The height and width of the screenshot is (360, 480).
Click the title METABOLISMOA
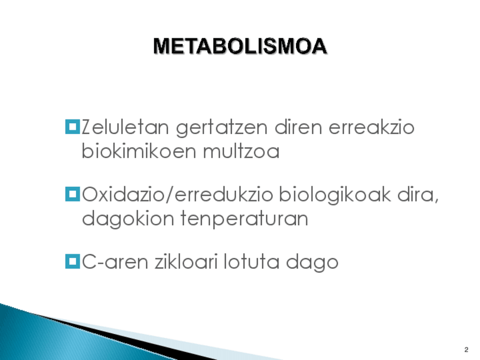(241, 46)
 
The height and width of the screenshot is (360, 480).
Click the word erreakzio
(372, 127)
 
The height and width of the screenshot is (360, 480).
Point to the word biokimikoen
(139, 151)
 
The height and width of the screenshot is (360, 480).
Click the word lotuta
(252, 262)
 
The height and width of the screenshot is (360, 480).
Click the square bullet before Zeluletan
(72, 127)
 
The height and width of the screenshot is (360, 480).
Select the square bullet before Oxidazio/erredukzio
(72, 194)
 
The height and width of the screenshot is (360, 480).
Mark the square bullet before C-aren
(72, 262)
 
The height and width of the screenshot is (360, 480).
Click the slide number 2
(466, 350)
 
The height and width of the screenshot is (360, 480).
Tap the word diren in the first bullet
(298, 127)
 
